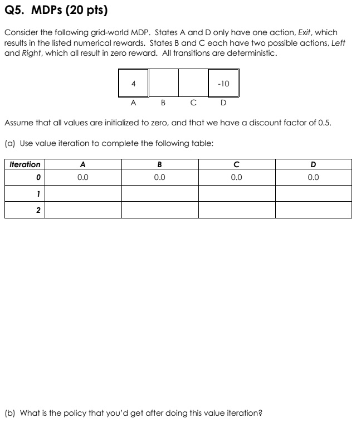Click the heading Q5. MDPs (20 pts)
click(x=56, y=11)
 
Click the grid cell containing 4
click(x=133, y=84)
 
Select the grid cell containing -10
click(x=223, y=84)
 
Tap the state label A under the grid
click(x=133, y=103)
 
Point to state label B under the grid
click(x=163, y=103)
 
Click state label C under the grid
click(x=193, y=103)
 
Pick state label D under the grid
click(x=223, y=103)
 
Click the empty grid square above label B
click(x=163, y=84)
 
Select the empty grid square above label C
click(x=193, y=84)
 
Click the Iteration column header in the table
click(x=25, y=164)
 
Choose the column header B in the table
click(x=159, y=164)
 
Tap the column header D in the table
click(x=313, y=164)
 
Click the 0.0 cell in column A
click(x=82, y=178)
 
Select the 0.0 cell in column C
click(x=236, y=178)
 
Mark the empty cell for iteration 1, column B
click(x=159, y=193)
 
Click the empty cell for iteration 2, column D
click(x=313, y=210)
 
